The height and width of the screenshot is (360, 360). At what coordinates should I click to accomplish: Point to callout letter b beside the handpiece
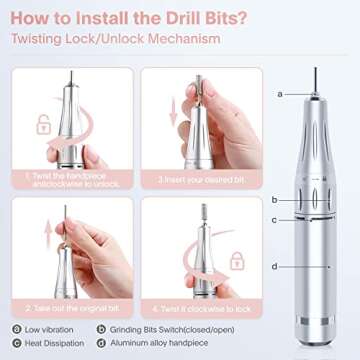(274, 200)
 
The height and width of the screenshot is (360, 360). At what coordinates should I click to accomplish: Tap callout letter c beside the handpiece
(274, 219)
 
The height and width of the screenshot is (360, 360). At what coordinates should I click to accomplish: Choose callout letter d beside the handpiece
(274, 265)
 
